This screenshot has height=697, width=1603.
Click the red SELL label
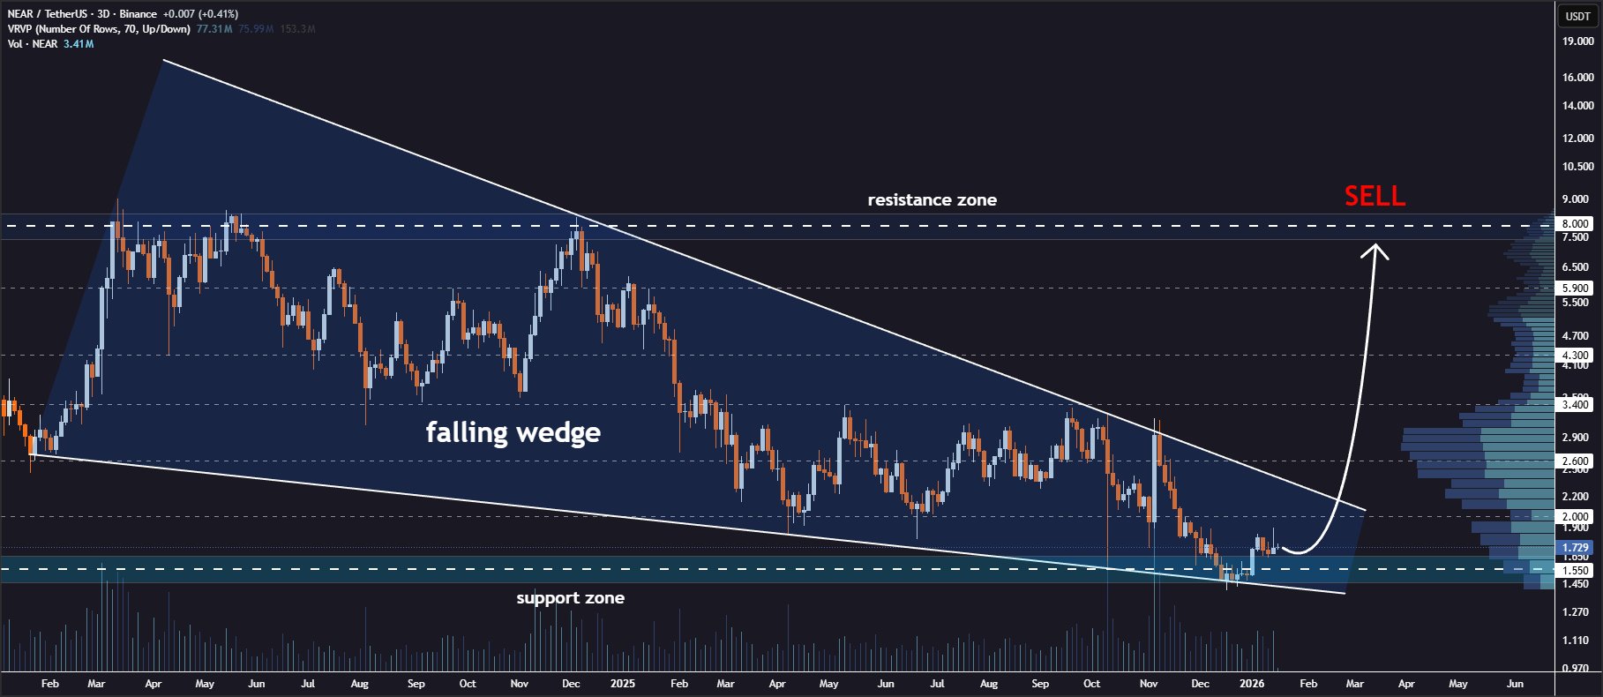point(1374,196)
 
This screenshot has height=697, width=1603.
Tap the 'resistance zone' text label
point(932,200)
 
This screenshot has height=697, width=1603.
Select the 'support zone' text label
point(570,598)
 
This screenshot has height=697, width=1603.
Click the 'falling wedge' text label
point(513,432)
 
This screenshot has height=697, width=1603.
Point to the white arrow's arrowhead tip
point(1375,245)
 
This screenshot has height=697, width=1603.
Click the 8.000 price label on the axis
point(1575,224)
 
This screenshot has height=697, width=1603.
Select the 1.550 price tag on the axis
point(1575,571)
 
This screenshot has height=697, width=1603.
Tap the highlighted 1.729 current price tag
point(1575,548)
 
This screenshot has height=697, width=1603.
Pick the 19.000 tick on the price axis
point(1577,41)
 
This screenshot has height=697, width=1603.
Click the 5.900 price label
point(1575,289)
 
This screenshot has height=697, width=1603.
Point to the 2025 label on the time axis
point(622,684)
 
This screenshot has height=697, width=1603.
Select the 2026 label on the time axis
point(1251,684)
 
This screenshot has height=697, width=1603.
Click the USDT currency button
point(1577,16)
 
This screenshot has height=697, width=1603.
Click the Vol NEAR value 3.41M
point(79,44)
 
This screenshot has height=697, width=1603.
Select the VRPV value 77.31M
point(214,29)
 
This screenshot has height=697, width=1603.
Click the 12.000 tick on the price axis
point(1577,139)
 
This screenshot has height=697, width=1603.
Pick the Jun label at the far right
point(1515,684)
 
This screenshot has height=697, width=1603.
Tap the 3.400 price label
point(1575,405)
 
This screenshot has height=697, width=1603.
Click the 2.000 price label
point(1575,517)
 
